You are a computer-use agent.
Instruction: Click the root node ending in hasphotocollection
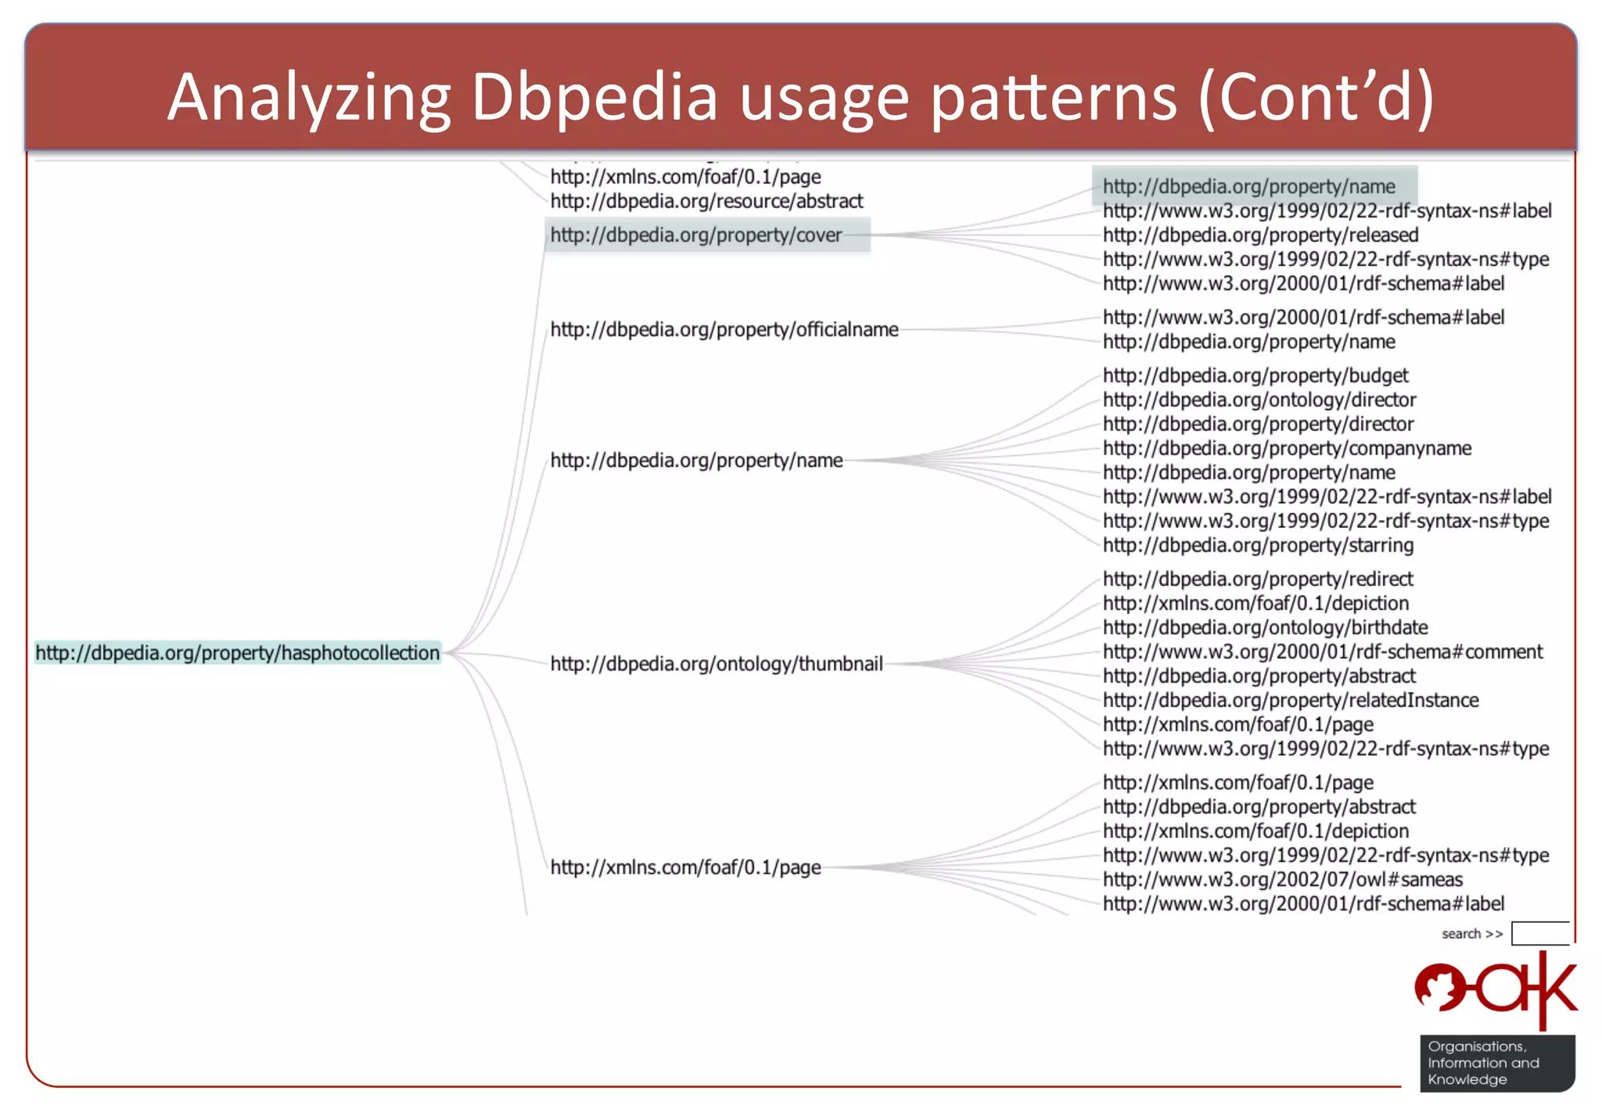click(238, 653)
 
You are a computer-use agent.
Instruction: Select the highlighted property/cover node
click(696, 235)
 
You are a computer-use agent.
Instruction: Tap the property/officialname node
click(724, 330)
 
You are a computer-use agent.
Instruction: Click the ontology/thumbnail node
click(717, 664)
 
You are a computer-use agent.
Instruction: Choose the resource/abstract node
click(706, 202)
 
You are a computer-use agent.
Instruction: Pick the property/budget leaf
click(1255, 376)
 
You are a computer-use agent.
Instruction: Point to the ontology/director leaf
click(1259, 400)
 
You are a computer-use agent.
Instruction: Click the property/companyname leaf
click(1287, 449)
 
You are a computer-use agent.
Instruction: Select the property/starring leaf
click(1258, 546)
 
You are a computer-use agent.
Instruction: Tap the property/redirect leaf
click(1258, 580)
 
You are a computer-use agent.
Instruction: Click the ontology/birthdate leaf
click(1265, 628)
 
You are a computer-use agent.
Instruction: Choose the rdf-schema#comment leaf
click(1323, 652)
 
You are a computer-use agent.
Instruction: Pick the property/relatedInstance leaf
click(1291, 701)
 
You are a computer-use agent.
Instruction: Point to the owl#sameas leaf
click(1283, 880)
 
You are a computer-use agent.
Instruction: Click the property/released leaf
click(1260, 235)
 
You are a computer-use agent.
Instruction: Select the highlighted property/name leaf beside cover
click(1248, 187)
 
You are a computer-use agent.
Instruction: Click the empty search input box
click(1539, 934)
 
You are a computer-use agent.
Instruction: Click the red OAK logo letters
click(1496, 989)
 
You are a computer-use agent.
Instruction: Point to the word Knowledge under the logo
click(1467, 1080)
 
